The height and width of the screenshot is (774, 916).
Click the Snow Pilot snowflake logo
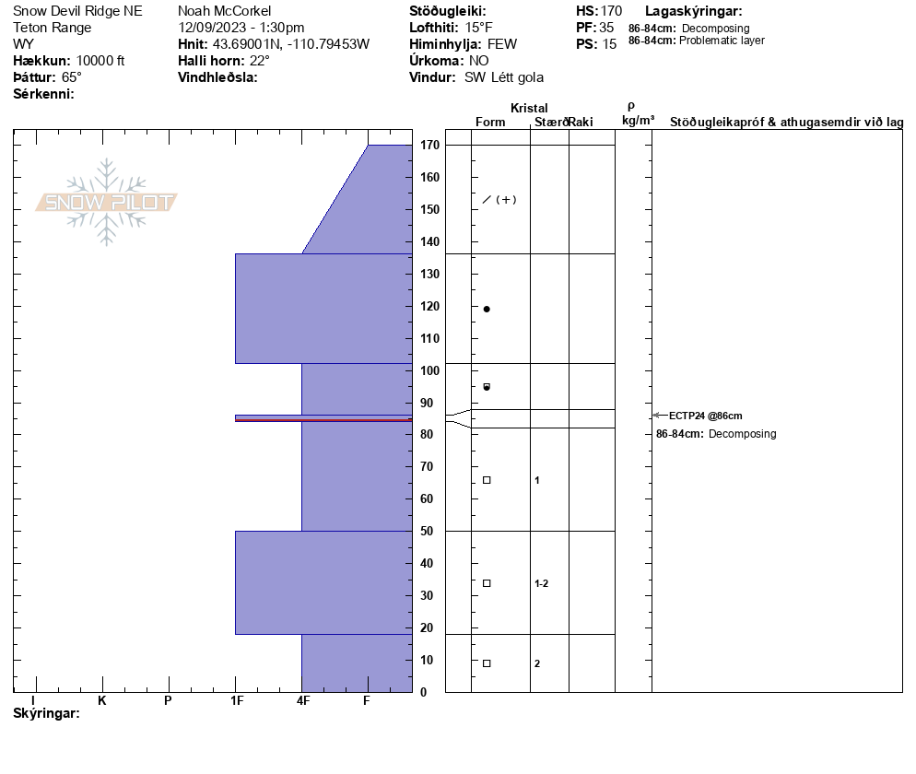(x=106, y=202)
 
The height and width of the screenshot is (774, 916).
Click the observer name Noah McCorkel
(x=224, y=11)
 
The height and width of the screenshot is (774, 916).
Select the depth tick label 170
(x=430, y=145)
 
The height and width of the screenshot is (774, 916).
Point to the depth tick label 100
(x=430, y=370)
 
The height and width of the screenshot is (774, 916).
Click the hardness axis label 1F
(x=237, y=700)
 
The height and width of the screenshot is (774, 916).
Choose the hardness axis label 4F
(x=302, y=700)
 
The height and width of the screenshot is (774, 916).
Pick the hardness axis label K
(x=102, y=700)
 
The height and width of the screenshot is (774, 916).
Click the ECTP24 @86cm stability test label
(x=706, y=416)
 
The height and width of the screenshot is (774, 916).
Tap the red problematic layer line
(x=323, y=420)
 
